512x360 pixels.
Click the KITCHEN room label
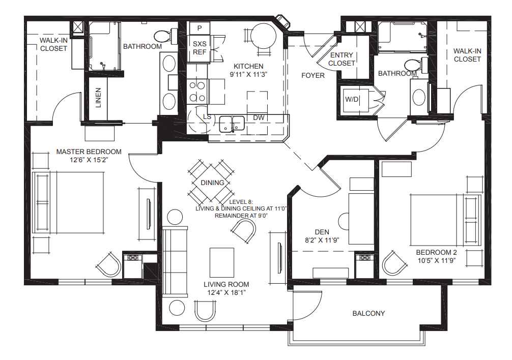click(248, 66)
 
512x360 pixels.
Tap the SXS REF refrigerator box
click(200, 48)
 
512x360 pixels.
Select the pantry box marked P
click(200, 28)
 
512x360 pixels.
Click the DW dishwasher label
click(259, 117)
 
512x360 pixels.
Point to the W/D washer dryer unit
click(352, 99)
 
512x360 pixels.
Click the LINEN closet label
click(98, 98)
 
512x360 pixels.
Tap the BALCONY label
click(368, 313)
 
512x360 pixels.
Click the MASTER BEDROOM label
click(89, 152)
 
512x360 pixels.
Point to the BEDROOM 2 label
click(437, 252)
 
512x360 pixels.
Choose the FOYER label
click(312, 75)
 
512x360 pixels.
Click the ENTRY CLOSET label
click(342, 59)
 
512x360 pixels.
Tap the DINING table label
click(212, 183)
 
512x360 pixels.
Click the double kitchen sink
click(232, 123)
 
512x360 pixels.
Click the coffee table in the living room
click(222, 261)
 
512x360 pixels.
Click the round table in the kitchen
click(264, 35)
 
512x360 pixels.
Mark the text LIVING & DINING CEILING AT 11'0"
click(241, 208)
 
